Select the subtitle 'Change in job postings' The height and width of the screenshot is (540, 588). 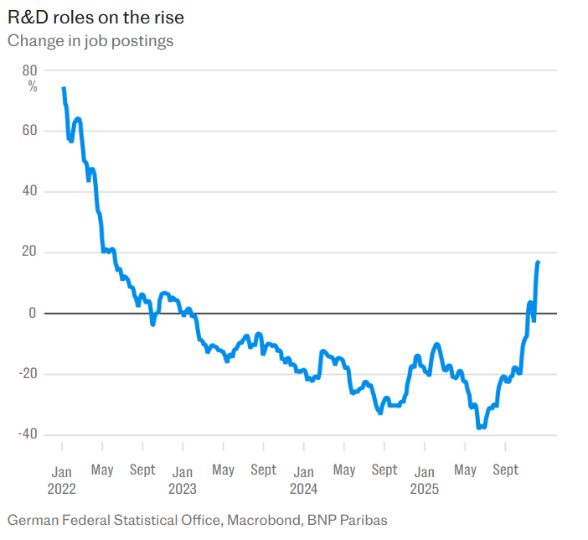[90, 40]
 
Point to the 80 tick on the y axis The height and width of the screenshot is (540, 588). [30, 70]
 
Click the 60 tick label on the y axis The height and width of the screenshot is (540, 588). [30, 131]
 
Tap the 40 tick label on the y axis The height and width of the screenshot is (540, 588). [30, 192]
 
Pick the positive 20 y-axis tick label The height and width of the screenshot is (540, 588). [30, 252]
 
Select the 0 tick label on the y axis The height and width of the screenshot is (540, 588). [34, 314]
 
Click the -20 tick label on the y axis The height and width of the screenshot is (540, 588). [28, 374]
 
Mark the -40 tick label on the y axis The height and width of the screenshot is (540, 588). [28, 434]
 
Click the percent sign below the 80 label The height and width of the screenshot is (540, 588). [33, 86]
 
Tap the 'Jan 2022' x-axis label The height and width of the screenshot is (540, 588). [62, 479]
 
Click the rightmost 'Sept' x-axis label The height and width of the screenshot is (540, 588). [505, 470]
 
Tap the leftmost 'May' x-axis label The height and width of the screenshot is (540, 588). [102, 470]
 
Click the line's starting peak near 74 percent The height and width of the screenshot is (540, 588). [64, 88]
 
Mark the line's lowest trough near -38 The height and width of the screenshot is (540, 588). [481, 428]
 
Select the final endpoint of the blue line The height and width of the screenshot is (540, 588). [538, 262]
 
